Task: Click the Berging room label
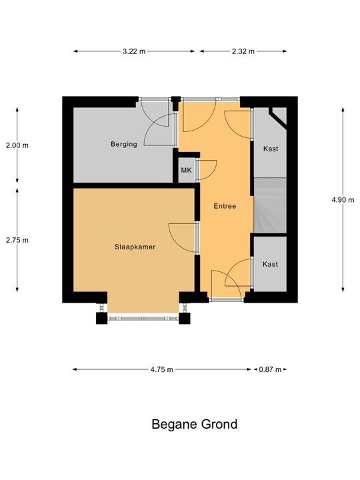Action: (124, 144)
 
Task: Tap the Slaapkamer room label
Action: (135, 247)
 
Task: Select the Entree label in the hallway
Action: (225, 206)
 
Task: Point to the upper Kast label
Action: (270, 148)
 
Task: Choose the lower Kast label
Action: (270, 264)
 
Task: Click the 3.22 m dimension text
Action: (134, 51)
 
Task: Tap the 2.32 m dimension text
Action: (243, 51)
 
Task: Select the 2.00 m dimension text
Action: (17, 145)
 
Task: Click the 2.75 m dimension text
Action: (17, 240)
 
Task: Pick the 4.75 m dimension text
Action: (162, 369)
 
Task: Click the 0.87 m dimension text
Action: (270, 369)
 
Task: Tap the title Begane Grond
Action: (194, 424)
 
